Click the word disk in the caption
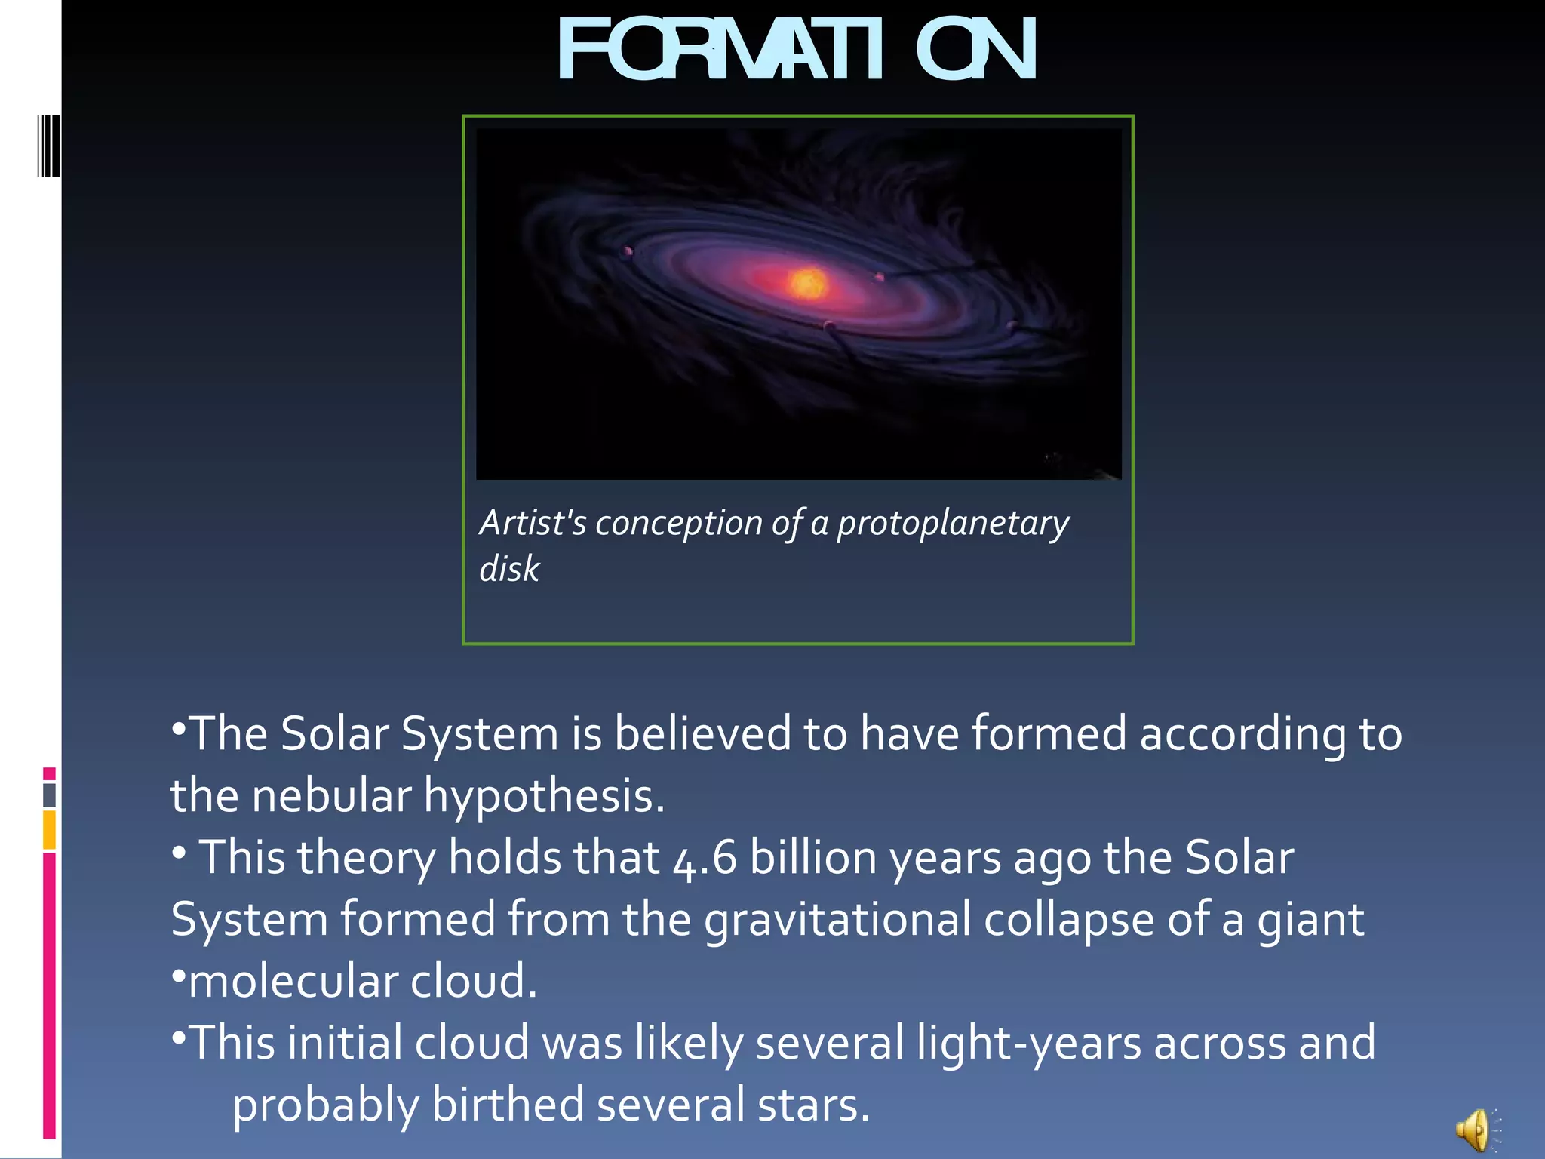tap(509, 568)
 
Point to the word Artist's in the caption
tap(533, 522)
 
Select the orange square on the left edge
tap(49, 830)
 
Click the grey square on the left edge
tap(49, 795)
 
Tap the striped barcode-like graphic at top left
tap(48, 146)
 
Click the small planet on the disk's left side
tap(628, 251)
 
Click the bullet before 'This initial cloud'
tap(179, 1039)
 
